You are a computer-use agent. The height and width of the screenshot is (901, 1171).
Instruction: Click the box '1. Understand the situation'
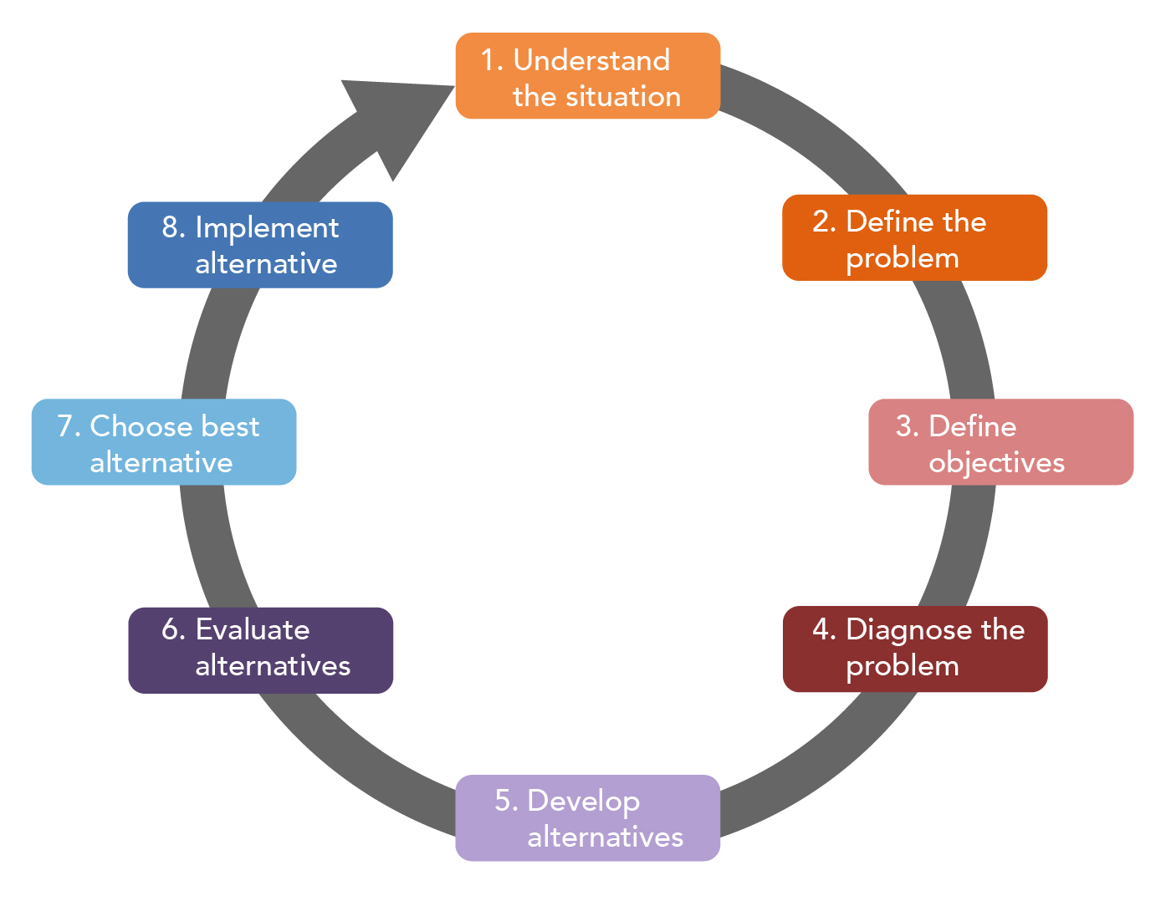pyautogui.click(x=587, y=76)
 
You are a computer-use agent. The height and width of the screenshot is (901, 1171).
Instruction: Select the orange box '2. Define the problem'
pyautogui.click(x=914, y=238)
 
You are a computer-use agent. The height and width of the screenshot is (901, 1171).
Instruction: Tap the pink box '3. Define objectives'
pyautogui.click(x=1000, y=442)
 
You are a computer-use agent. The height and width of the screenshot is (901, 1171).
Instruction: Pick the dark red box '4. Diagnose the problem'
pyautogui.click(x=914, y=649)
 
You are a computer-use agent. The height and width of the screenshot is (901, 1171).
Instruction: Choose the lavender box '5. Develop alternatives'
pyautogui.click(x=587, y=818)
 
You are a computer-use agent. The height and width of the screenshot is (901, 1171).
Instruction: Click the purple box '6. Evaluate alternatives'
pyautogui.click(x=260, y=650)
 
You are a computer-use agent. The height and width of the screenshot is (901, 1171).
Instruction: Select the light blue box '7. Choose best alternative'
pyautogui.click(x=164, y=442)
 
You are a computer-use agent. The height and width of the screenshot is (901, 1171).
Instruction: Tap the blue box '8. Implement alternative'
pyautogui.click(x=260, y=245)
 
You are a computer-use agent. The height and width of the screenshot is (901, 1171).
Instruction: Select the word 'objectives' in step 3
pyautogui.click(x=996, y=463)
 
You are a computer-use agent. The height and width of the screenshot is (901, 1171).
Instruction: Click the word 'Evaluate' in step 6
pyautogui.click(x=252, y=629)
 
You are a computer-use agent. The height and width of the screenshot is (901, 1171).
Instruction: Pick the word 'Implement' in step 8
pyautogui.click(x=267, y=227)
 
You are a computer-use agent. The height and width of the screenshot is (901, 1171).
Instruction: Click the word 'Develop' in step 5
pyautogui.click(x=583, y=802)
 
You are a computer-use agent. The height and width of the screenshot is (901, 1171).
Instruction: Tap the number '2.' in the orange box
pyautogui.click(x=825, y=222)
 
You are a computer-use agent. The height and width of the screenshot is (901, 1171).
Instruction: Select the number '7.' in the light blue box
pyautogui.click(x=69, y=427)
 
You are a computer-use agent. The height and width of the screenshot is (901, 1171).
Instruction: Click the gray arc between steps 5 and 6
pyautogui.click(x=360, y=752)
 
